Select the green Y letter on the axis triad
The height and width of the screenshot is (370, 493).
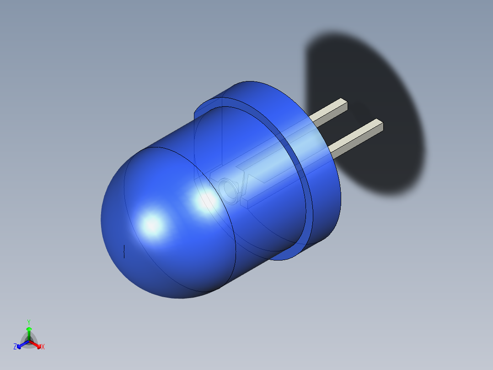[28, 322]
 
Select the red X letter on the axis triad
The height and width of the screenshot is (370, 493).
[43, 347]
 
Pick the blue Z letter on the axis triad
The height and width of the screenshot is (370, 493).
[15, 347]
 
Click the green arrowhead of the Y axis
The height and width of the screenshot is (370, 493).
[28, 329]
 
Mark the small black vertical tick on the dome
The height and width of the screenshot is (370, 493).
[124, 251]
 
